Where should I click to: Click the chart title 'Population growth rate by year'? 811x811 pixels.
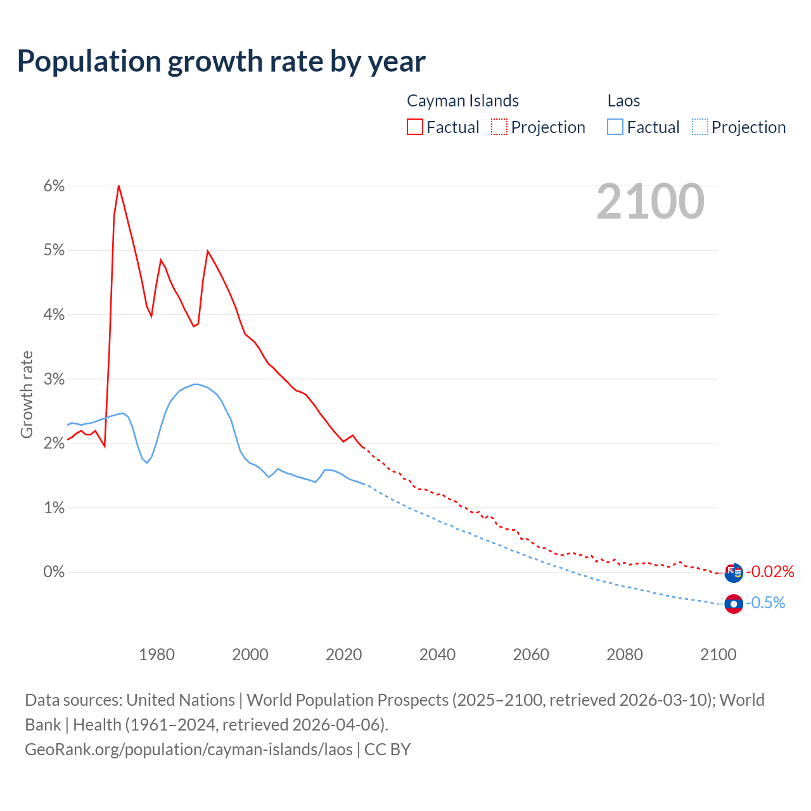point(221,61)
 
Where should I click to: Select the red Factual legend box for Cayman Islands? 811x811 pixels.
point(415,127)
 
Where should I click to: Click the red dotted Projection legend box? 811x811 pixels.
point(499,127)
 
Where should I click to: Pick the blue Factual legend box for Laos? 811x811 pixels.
point(615,127)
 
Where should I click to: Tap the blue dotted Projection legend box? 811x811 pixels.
point(700,127)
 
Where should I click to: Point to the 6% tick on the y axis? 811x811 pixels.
point(54,186)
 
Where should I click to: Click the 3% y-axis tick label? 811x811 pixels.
point(54,380)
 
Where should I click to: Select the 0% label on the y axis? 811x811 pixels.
point(54,572)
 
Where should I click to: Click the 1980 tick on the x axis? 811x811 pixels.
point(156,655)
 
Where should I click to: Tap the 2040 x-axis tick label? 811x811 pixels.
point(437,655)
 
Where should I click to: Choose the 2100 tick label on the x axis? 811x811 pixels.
point(718,655)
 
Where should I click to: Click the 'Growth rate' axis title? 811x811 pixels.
point(27,394)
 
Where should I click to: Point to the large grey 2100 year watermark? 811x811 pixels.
point(650,201)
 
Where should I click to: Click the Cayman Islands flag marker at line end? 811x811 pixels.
point(734,573)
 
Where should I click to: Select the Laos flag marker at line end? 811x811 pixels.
point(734,604)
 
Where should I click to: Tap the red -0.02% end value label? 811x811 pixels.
point(770,572)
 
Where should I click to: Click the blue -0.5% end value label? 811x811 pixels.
point(765,603)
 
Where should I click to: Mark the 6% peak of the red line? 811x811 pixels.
point(118,186)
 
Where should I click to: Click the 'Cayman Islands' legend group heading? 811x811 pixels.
point(463,101)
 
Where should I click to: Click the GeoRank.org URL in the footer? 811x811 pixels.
point(189,750)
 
